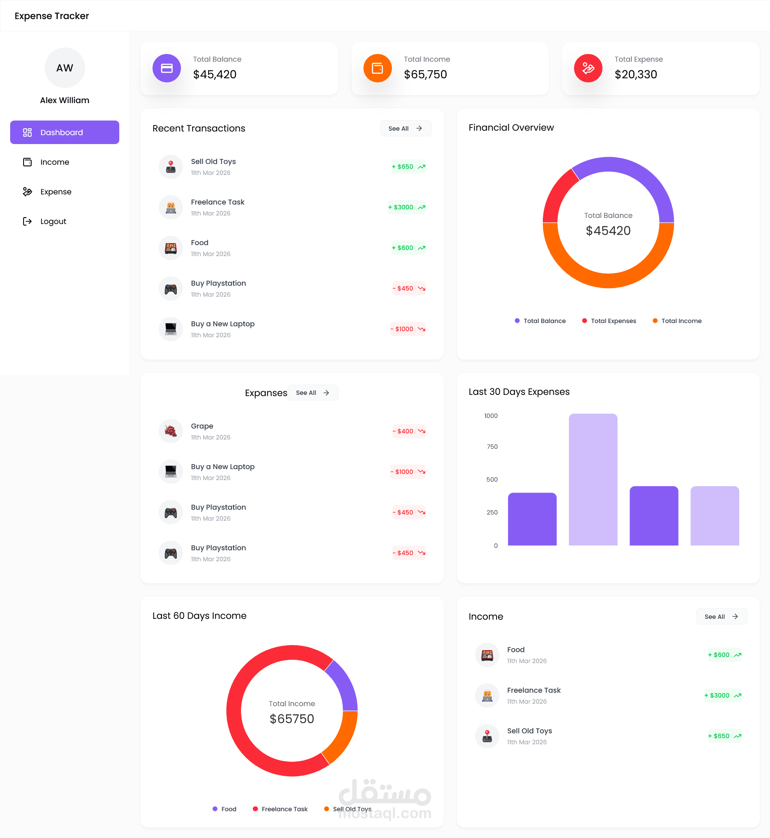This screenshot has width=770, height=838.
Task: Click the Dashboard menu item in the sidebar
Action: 65,133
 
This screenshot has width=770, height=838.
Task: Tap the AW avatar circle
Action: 65,68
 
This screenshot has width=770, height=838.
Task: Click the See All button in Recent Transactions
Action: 405,128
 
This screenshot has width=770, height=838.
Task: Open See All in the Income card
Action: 721,616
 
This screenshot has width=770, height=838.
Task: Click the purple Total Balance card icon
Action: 167,68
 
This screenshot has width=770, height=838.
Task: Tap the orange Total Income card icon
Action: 377,68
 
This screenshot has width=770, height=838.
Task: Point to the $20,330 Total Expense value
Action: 635,75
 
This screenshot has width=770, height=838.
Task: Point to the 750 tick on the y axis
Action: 492,447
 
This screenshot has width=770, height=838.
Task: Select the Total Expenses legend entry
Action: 609,321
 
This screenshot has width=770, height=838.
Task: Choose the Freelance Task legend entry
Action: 280,809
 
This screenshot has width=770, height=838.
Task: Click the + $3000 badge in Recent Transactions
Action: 407,207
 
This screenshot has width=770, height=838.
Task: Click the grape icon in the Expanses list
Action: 170,431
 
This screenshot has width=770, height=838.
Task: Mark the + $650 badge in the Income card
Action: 724,736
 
